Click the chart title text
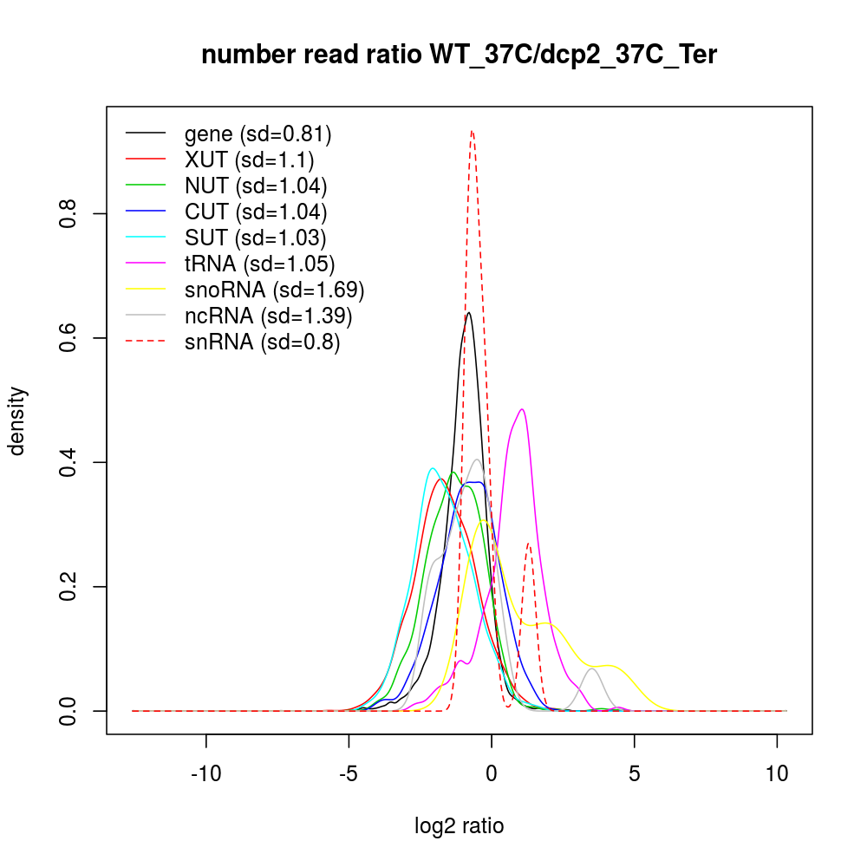[460, 55]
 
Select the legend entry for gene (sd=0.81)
[257, 134]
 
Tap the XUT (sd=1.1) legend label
[249, 160]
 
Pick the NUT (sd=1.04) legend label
[256, 186]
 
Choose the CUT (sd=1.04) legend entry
[256, 212]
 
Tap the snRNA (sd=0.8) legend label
[262, 342]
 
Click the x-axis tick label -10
[205, 773]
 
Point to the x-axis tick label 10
[777, 773]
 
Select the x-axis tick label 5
[635, 773]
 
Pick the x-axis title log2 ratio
[460, 825]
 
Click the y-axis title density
[18, 420]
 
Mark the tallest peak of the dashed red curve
[472, 131]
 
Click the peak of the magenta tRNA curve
[522, 409]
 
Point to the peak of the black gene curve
[468, 312]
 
